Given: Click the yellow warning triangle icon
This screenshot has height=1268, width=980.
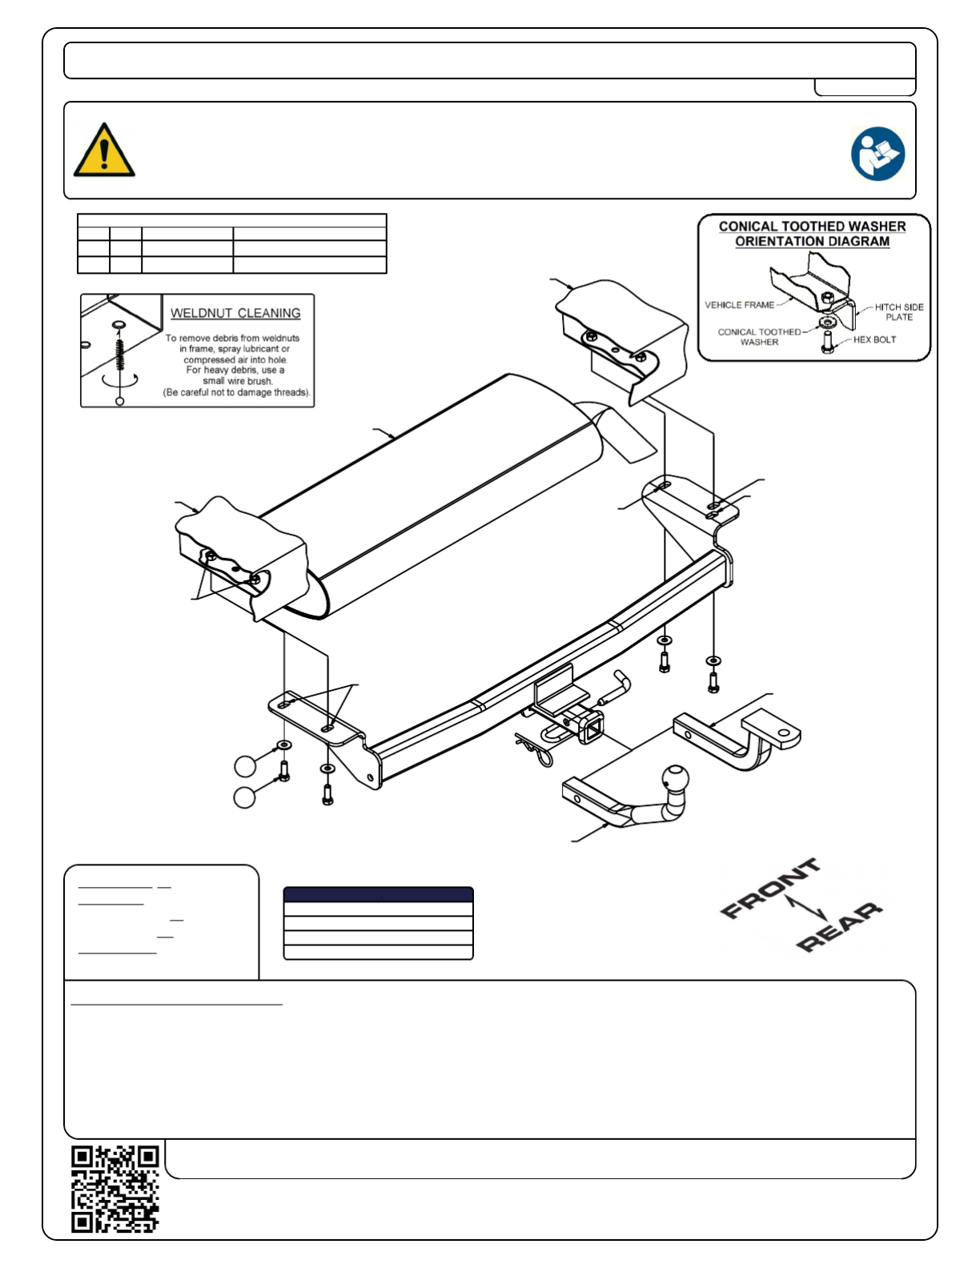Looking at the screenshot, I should pyautogui.click(x=104, y=150).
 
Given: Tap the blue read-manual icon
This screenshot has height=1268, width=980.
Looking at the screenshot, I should pyautogui.click(x=878, y=154).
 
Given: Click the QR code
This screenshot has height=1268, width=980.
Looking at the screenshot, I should pyautogui.click(x=115, y=1189).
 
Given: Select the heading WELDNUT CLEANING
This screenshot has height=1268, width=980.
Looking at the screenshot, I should pyautogui.click(x=235, y=313).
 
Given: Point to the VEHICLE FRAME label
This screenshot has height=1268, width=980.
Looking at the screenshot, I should pyautogui.click(x=739, y=305).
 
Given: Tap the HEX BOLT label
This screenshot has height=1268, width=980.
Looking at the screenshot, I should pyautogui.click(x=874, y=339).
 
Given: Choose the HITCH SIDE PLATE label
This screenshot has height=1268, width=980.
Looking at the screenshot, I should pyautogui.click(x=898, y=312).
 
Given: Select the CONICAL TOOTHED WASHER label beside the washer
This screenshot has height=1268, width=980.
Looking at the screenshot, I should pyautogui.click(x=759, y=337).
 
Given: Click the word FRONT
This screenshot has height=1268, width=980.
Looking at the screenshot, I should pyautogui.click(x=770, y=888).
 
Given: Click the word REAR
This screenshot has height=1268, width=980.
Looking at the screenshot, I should pyautogui.click(x=839, y=926).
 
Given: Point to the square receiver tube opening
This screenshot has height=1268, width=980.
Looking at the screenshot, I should pyautogui.click(x=592, y=729).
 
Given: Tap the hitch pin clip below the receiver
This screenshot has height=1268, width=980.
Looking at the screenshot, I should pyautogui.click(x=535, y=749).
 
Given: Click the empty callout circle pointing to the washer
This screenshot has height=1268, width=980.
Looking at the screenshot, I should pyautogui.click(x=245, y=765).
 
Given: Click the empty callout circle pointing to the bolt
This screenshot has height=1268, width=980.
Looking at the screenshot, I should pyautogui.click(x=244, y=797).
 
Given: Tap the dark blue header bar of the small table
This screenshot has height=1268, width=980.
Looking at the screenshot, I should pyautogui.click(x=378, y=895).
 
